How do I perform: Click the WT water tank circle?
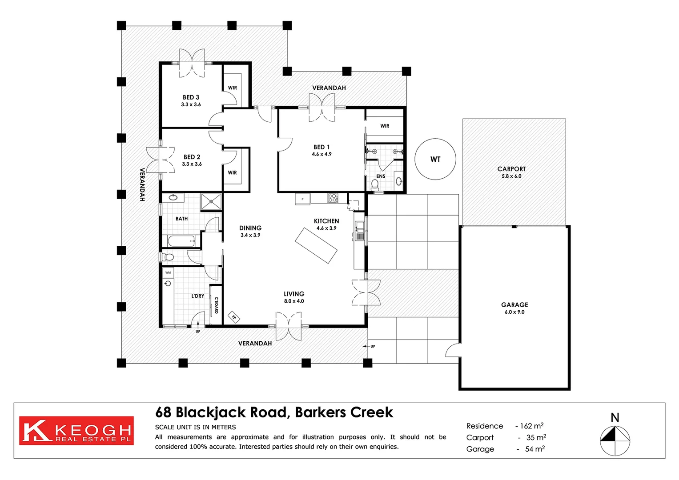(x=435, y=159)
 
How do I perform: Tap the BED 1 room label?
(x=321, y=148)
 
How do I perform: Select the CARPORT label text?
(x=511, y=169)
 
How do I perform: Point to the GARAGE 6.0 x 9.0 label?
(x=514, y=308)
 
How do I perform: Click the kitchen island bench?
(x=316, y=245)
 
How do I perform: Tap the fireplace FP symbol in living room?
(x=234, y=317)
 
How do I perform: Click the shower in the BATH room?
(x=211, y=201)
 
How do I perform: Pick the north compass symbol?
(x=615, y=440)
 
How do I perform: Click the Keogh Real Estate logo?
(x=76, y=431)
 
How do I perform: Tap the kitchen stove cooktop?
(x=333, y=198)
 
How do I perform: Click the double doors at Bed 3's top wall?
(x=192, y=63)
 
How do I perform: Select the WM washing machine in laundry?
(x=168, y=272)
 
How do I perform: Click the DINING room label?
(x=250, y=228)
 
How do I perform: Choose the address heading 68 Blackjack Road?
(x=273, y=412)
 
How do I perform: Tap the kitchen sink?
(x=359, y=232)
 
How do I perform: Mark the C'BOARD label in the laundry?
(x=217, y=305)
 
